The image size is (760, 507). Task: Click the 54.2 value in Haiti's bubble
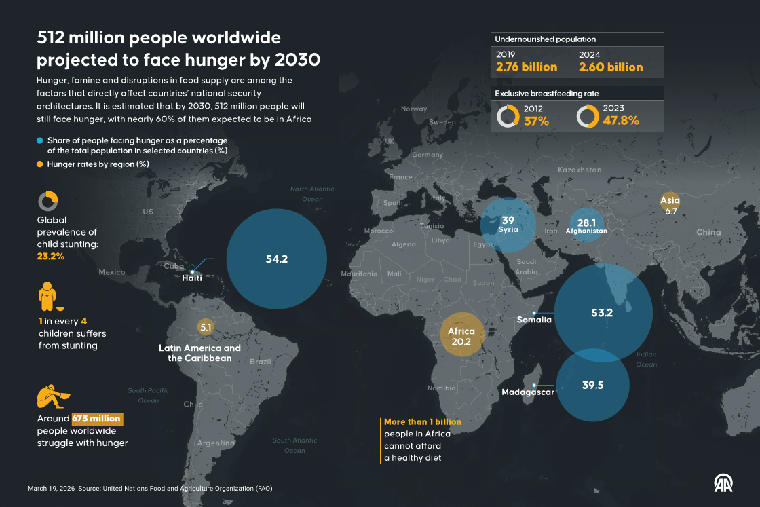click(x=277, y=259)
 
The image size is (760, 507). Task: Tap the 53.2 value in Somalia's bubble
click(x=602, y=313)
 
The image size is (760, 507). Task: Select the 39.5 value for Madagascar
click(x=592, y=385)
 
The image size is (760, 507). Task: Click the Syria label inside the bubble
click(x=508, y=230)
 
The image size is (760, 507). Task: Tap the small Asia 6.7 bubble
click(x=670, y=205)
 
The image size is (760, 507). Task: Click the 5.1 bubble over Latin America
click(x=206, y=327)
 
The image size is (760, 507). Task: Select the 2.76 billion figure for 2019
click(x=527, y=67)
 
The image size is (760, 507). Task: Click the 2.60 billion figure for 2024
click(x=610, y=67)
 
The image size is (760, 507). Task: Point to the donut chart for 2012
click(x=508, y=116)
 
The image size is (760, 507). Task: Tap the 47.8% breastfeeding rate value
click(x=621, y=121)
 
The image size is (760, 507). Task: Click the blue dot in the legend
click(x=41, y=140)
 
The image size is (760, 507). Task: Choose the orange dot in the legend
click(x=41, y=164)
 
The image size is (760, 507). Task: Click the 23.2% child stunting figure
click(x=51, y=257)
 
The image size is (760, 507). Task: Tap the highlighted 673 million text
click(x=96, y=419)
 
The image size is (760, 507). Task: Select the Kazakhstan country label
click(x=579, y=170)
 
